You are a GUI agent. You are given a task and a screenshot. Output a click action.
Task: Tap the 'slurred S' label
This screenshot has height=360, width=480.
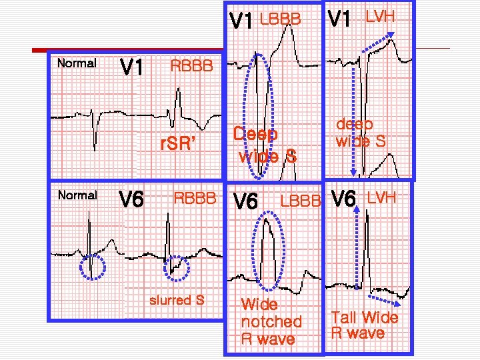point(177,300)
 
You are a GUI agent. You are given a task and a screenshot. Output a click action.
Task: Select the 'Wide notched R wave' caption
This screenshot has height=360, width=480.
point(271,322)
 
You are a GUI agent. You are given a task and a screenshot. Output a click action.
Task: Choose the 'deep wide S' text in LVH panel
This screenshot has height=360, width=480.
point(361,132)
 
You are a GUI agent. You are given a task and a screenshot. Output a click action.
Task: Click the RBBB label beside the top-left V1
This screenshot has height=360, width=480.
point(192,66)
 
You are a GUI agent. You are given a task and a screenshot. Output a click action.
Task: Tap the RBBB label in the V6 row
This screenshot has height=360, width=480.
point(195,198)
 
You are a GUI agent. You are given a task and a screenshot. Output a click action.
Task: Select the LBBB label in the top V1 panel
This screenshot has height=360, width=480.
point(280,19)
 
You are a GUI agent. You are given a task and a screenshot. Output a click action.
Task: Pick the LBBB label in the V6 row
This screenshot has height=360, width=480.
point(301,201)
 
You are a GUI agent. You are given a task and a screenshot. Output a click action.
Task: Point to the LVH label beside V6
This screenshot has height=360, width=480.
point(381,197)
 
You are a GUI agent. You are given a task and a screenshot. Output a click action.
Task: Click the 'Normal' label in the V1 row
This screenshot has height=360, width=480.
point(77,64)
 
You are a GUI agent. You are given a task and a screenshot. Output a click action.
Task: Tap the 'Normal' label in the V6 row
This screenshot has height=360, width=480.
point(77,195)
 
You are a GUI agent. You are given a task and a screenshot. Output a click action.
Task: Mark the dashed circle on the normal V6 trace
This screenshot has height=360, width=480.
point(91,267)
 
